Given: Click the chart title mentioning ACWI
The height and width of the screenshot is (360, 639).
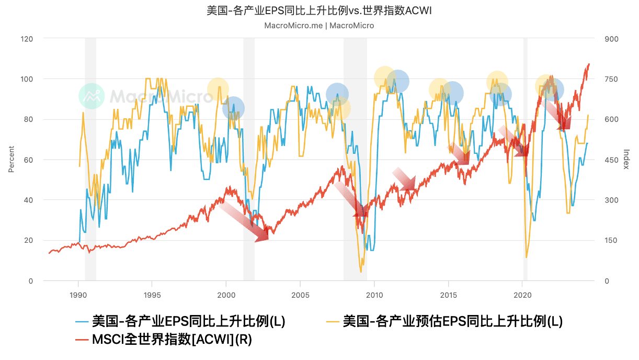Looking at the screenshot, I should (x=319, y=11).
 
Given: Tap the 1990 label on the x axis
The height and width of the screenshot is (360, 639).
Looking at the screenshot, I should (x=78, y=295).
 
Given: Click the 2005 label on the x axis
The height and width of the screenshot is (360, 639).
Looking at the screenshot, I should (x=300, y=295).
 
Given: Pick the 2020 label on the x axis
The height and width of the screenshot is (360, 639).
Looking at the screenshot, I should (x=522, y=295).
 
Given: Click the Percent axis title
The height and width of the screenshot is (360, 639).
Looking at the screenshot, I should (x=11, y=160).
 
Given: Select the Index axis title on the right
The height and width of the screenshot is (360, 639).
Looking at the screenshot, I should (x=626, y=160).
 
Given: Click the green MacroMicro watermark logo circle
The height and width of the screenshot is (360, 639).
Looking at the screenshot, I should (x=92, y=96).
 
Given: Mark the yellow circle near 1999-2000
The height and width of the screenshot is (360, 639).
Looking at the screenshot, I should (x=218, y=89).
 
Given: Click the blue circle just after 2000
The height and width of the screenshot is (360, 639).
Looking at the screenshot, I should (x=233, y=108).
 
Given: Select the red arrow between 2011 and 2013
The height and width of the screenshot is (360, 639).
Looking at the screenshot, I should (x=404, y=179).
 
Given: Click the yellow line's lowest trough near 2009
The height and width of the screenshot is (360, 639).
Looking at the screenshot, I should (x=361, y=272).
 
